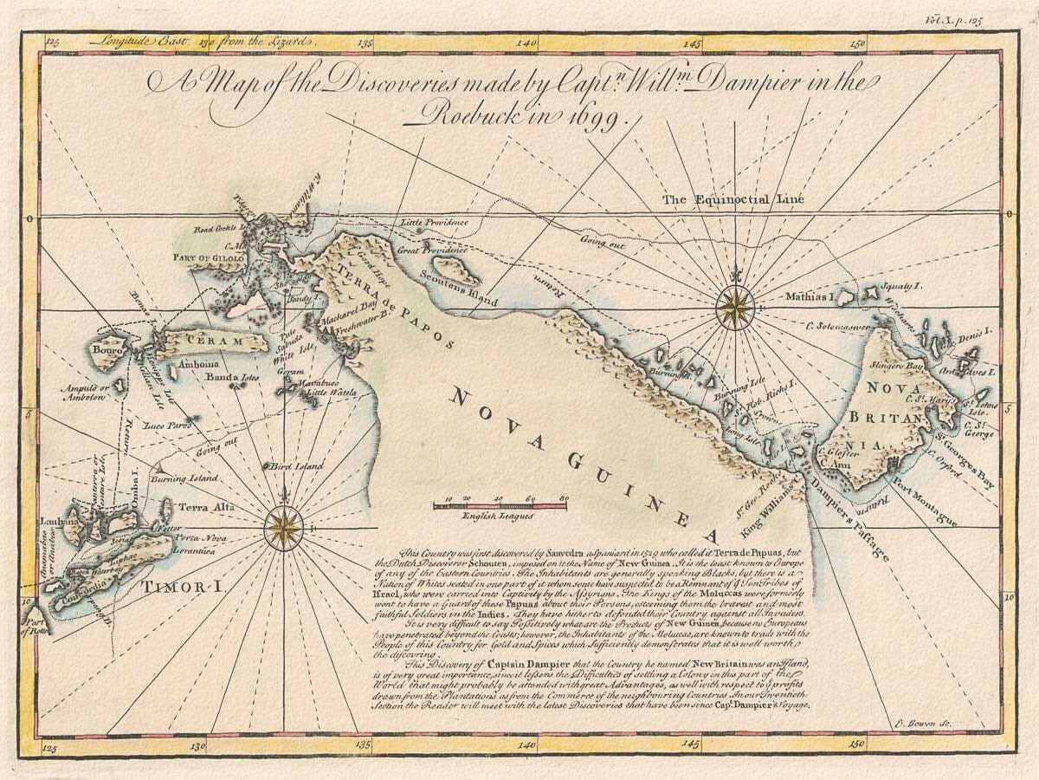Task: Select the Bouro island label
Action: tap(109, 354)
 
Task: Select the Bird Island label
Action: tap(295, 467)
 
